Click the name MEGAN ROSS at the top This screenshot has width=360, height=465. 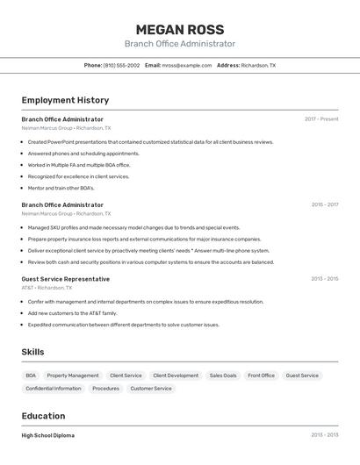pyautogui.click(x=180, y=29)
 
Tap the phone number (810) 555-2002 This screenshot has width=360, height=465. pyautogui.click(x=121, y=65)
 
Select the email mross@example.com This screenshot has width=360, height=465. pyautogui.click(x=186, y=65)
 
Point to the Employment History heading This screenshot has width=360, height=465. pyautogui.click(x=65, y=100)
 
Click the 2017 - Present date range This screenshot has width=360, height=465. pyautogui.click(x=321, y=119)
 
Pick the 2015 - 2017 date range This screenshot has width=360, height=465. pyautogui.click(x=324, y=205)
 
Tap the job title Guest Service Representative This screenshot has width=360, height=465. pyautogui.click(x=66, y=279)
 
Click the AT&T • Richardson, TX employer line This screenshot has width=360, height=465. pyautogui.click(x=47, y=288)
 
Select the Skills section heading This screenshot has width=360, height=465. pyautogui.click(x=33, y=352)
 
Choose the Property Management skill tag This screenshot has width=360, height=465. pyautogui.click(x=73, y=376)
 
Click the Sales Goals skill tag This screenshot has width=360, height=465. pyautogui.click(x=223, y=376)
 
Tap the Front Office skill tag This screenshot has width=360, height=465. pyautogui.click(x=261, y=376)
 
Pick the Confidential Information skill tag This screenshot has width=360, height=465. pyautogui.click(x=54, y=388)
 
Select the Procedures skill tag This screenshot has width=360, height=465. pyautogui.click(x=105, y=388)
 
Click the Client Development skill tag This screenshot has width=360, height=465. pyautogui.click(x=176, y=376)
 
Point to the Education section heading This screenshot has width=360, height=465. pyautogui.click(x=43, y=416)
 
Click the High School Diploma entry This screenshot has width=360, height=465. pyautogui.click(x=48, y=435)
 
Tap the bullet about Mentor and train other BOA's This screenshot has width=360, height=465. pyautogui.click(x=61, y=188)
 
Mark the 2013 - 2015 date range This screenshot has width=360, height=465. pyautogui.click(x=324, y=279)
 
